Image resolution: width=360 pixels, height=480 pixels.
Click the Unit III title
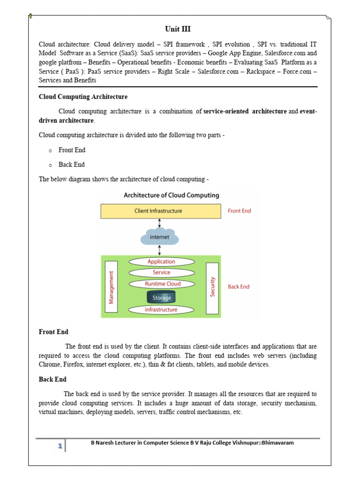[178, 29]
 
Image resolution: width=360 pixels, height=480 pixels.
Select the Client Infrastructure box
[161, 211]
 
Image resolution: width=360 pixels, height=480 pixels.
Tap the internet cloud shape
[159, 237]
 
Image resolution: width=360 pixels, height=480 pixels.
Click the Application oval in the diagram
[161, 262]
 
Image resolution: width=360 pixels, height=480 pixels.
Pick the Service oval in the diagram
[161, 272]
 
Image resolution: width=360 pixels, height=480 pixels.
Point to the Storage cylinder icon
[161, 298]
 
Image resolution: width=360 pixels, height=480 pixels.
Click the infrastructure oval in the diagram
[161, 309]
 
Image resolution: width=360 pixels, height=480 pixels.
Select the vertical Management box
[112, 286]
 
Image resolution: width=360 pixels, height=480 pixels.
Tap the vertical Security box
[212, 286]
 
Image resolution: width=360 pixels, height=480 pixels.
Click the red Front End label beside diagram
[239, 211]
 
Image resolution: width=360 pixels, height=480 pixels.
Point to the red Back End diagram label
[239, 286]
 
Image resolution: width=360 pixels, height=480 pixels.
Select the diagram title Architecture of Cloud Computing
[172, 195]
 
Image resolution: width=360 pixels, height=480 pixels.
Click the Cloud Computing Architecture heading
[83, 97]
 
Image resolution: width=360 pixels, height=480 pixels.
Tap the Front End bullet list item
[72, 150]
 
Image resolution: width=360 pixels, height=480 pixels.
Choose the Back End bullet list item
[72, 165]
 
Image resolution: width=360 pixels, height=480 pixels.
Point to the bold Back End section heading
[52, 379]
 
